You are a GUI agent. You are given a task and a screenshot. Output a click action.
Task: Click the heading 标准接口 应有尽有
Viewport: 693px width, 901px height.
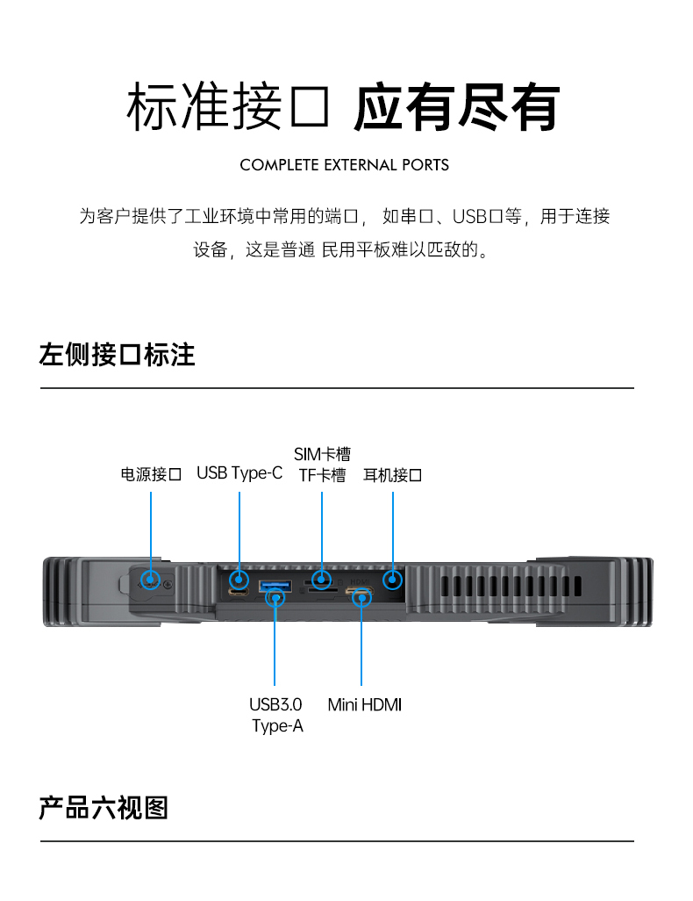[344, 109]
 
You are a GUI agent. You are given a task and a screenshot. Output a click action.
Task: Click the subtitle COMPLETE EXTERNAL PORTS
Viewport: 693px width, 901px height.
[344, 165]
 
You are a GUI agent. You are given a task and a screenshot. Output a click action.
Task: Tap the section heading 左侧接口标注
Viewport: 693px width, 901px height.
[117, 355]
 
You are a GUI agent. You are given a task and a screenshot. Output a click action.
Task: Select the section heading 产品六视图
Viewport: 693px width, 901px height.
[104, 807]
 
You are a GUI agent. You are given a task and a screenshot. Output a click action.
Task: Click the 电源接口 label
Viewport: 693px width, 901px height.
[151, 475]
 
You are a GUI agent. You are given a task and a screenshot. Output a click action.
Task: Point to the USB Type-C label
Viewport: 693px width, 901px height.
[239, 473]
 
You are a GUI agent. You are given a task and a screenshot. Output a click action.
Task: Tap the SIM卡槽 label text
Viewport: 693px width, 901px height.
[322, 454]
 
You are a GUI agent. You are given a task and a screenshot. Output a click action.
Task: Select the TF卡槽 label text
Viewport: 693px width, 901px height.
[322, 476]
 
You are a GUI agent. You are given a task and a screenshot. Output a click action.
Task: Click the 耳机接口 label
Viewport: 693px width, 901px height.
[393, 475]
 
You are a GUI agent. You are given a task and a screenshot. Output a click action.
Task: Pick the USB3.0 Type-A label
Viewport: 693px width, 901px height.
[276, 715]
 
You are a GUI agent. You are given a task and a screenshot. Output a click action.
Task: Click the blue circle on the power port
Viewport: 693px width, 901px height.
[151, 580]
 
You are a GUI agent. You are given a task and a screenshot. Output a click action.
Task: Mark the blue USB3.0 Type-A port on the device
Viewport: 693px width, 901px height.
[275, 586]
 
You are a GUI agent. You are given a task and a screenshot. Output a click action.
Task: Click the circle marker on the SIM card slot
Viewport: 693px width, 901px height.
[322, 579]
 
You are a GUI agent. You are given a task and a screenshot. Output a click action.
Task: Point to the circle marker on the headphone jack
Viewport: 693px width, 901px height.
[393, 579]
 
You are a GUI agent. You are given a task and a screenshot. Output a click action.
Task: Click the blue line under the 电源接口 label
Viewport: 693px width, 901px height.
[151, 527]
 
